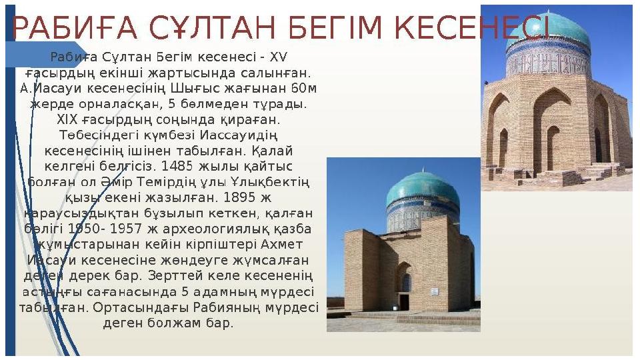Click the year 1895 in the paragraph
[236, 197]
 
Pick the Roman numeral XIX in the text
[67, 119]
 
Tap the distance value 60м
[304, 88]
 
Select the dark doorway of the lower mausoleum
[404, 301]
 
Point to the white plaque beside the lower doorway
[435, 291]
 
